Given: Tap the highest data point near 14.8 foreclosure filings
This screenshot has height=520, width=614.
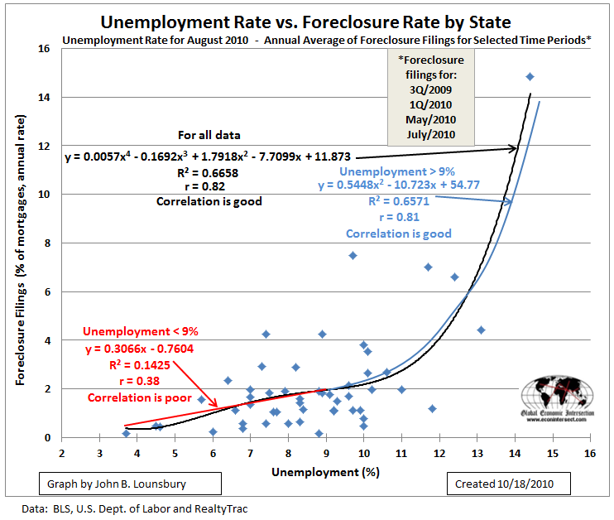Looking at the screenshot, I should click(530, 77).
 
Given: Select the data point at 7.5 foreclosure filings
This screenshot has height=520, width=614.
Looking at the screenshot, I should click(353, 255).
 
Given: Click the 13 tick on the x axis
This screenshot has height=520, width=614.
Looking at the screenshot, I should click(477, 454).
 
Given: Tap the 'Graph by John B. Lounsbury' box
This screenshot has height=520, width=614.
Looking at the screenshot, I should click(130, 482).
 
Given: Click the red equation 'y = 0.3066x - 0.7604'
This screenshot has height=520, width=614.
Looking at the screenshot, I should click(139, 349).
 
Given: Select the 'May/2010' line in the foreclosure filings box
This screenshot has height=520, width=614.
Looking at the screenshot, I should click(430, 121).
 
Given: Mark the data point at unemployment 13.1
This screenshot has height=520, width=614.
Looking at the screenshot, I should click(481, 330).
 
